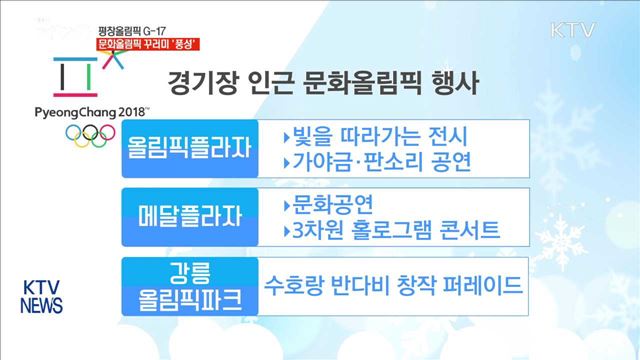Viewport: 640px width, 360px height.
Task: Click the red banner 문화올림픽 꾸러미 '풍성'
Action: (x=145, y=45)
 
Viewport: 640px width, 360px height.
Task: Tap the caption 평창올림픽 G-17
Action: (x=133, y=30)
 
